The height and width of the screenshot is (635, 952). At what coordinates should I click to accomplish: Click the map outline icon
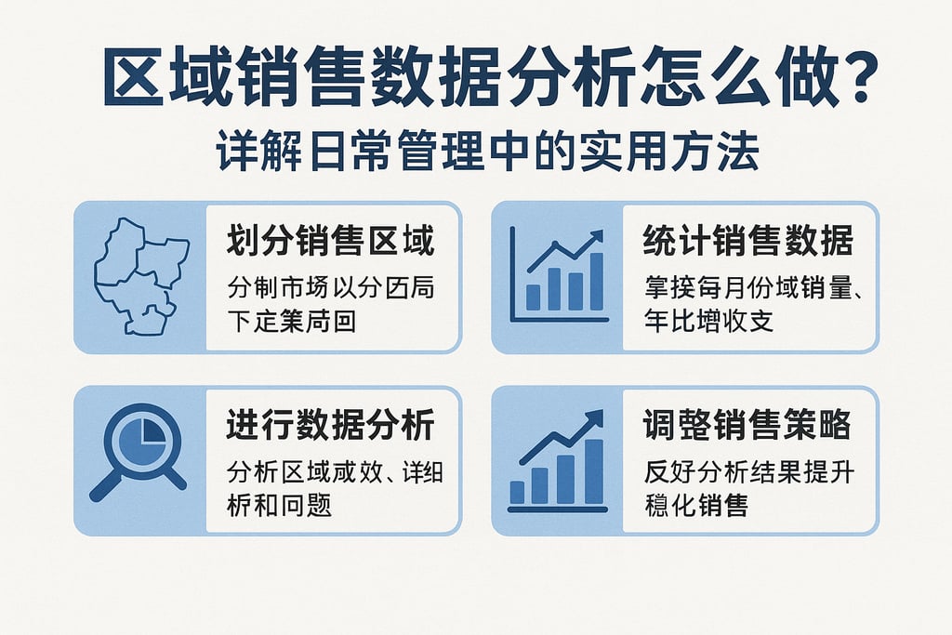140,276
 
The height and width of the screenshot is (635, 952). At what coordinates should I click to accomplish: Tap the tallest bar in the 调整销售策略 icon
593,470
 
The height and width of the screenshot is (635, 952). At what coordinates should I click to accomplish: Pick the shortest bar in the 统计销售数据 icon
533,297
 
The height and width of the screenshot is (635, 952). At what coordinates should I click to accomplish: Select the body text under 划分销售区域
330,305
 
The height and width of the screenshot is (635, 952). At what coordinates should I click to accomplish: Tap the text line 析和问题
279,505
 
